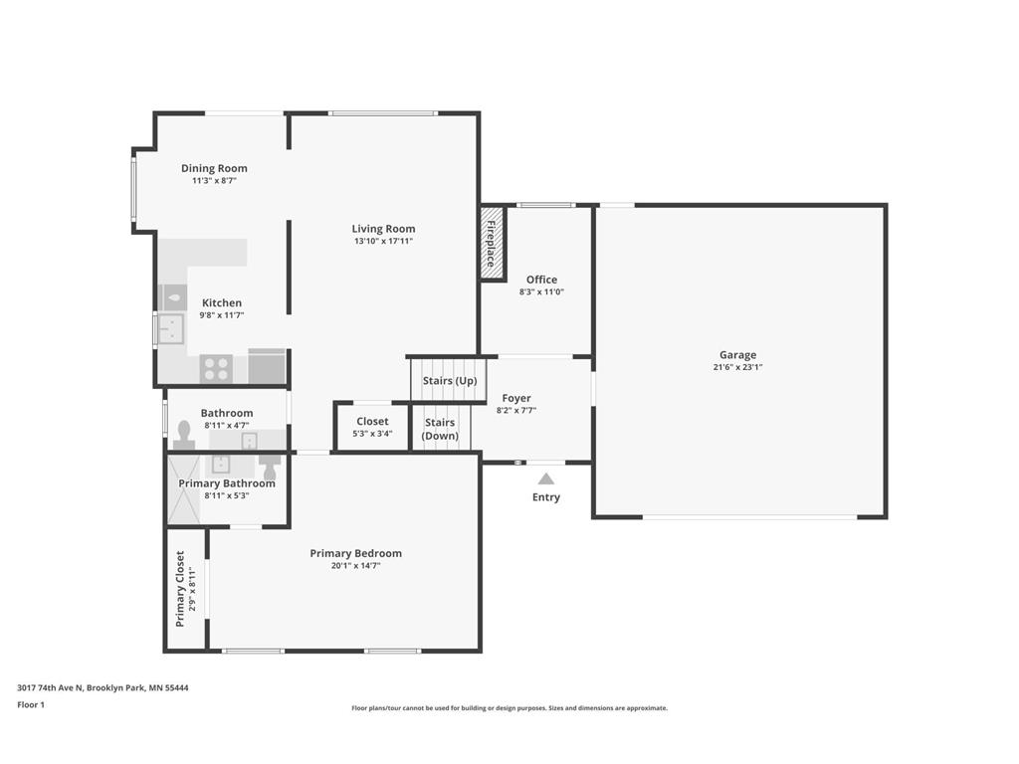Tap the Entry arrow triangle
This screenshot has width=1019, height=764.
pyautogui.click(x=546, y=479)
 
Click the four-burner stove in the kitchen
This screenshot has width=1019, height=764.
pyautogui.click(x=216, y=368)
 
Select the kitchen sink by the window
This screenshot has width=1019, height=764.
pyautogui.click(x=171, y=328)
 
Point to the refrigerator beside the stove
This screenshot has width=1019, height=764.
pyautogui.click(x=267, y=367)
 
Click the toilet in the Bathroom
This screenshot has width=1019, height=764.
pyautogui.click(x=184, y=436)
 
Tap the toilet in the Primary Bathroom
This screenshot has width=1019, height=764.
pyautogui.click(x=270, y=466)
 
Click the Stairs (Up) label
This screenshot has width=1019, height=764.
pyautogui.click(x=450, y=381)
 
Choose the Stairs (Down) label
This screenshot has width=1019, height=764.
pyautogui.click(x=440, y=429)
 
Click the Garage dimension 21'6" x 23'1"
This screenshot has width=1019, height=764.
pyautogui.click(x=737, y=367)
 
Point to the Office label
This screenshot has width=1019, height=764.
pyautogui.click(x=541, y=280)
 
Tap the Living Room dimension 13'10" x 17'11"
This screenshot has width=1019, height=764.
pyautogui.click(x=383, y=241)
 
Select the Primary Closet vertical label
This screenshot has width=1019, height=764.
pyautogui.click(x=180, y=588)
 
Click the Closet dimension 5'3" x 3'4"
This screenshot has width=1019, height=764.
pyautogui.click(x=372, y=434)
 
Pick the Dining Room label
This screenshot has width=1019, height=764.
pyautogui.click(x=214, y=168)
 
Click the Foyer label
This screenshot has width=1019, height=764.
pyautogui.click(x=516, y=398)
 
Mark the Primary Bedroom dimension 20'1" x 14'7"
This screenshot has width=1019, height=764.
pyautogui.click(x=355, y=566)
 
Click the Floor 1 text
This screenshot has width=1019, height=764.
pyautogui.click(x=31, y=704)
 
